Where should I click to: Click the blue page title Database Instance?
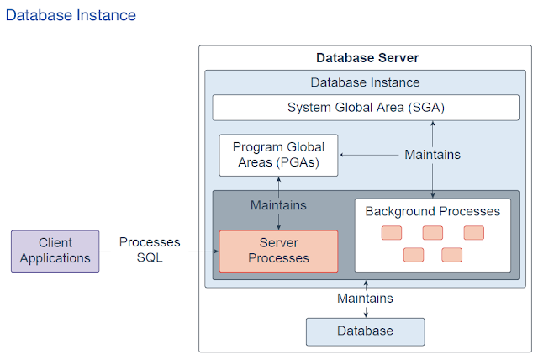(x=71, y=15)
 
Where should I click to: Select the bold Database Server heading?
(x=367, y=58)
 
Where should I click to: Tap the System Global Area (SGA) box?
(x=366, y=108)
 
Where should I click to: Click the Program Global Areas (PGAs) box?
(x=278, y=155)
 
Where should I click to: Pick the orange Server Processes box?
(x=278, y=251)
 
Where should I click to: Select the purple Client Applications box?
(x=55, y=251)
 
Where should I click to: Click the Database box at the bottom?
(x=366, y=331)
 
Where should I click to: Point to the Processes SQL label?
(x=150, y=250)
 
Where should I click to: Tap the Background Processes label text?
(x=433, y=211)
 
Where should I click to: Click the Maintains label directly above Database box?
(x=365, y=299)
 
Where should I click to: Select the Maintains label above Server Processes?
(x=278, y=205)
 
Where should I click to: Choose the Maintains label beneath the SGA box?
(x=433, y=155)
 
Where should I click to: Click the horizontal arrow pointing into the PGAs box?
(x=369, y=155)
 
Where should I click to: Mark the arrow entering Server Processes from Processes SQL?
(x=203, y=251)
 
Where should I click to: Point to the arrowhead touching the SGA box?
(x=433, y=123)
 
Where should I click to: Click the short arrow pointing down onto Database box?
(x=366, y=312)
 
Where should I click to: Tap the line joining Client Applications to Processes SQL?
(x=105, y=251)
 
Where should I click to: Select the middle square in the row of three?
(x=433, y=233)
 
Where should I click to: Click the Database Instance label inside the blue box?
(x=365, y=82)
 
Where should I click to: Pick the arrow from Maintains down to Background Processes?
(x=433, y=181)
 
